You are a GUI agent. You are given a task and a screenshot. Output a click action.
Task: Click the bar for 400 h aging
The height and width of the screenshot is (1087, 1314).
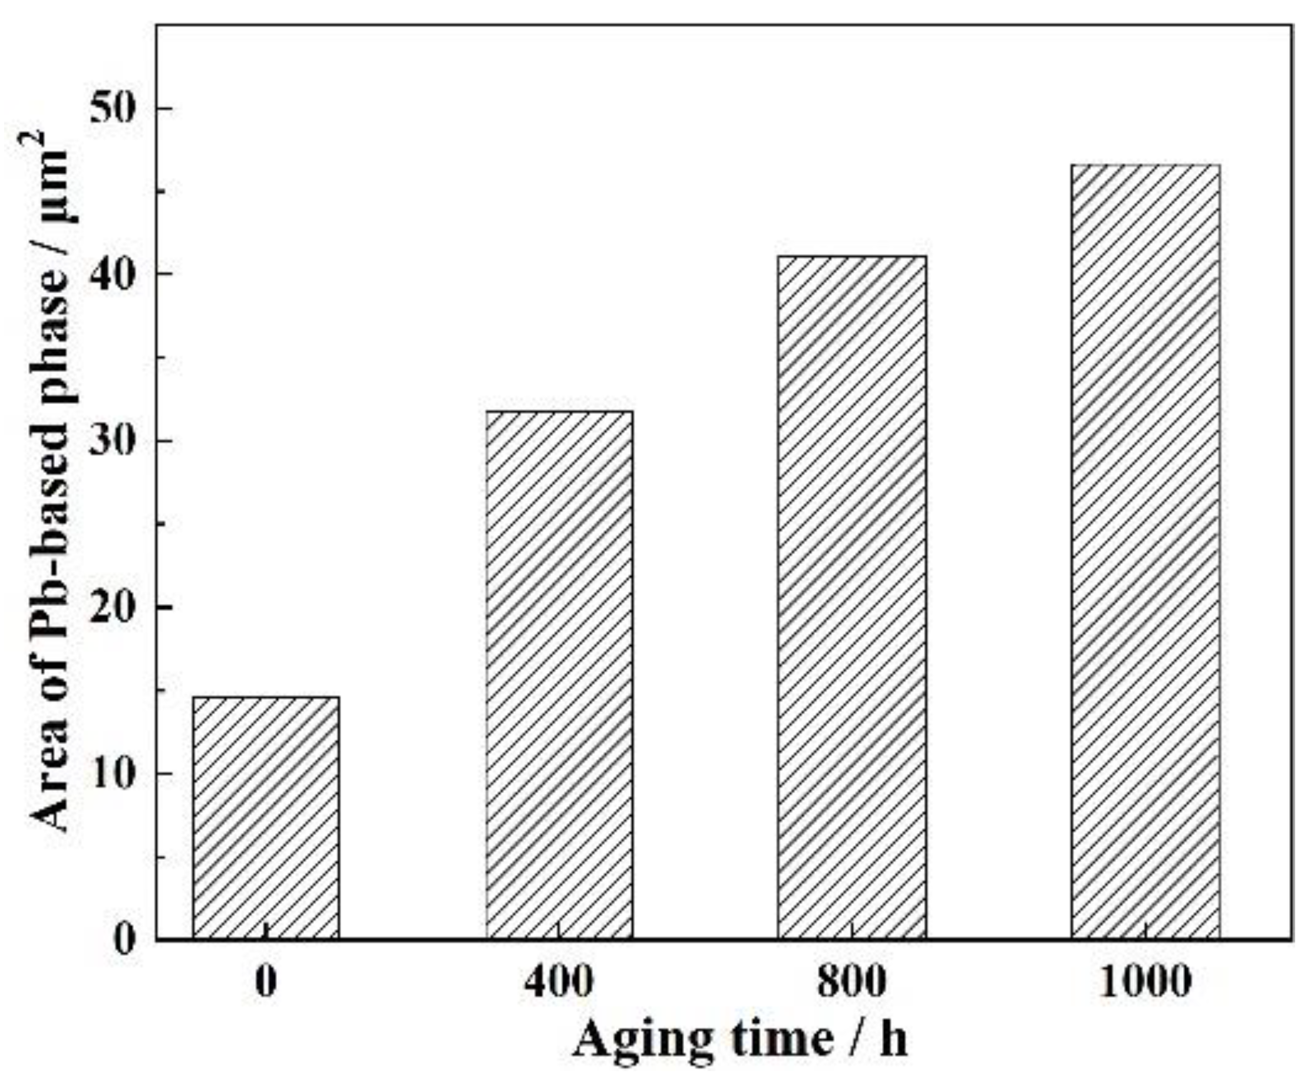(559, 675)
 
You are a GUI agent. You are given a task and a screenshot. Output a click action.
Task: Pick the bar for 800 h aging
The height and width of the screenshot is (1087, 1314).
(851, 597)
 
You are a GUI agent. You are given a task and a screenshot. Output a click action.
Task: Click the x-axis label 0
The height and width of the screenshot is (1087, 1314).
(266, 982)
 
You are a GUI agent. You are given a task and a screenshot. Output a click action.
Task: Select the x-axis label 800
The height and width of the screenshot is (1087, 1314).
(851, 982)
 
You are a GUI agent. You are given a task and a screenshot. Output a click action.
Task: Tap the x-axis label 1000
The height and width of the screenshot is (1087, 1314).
(1145, 982)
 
